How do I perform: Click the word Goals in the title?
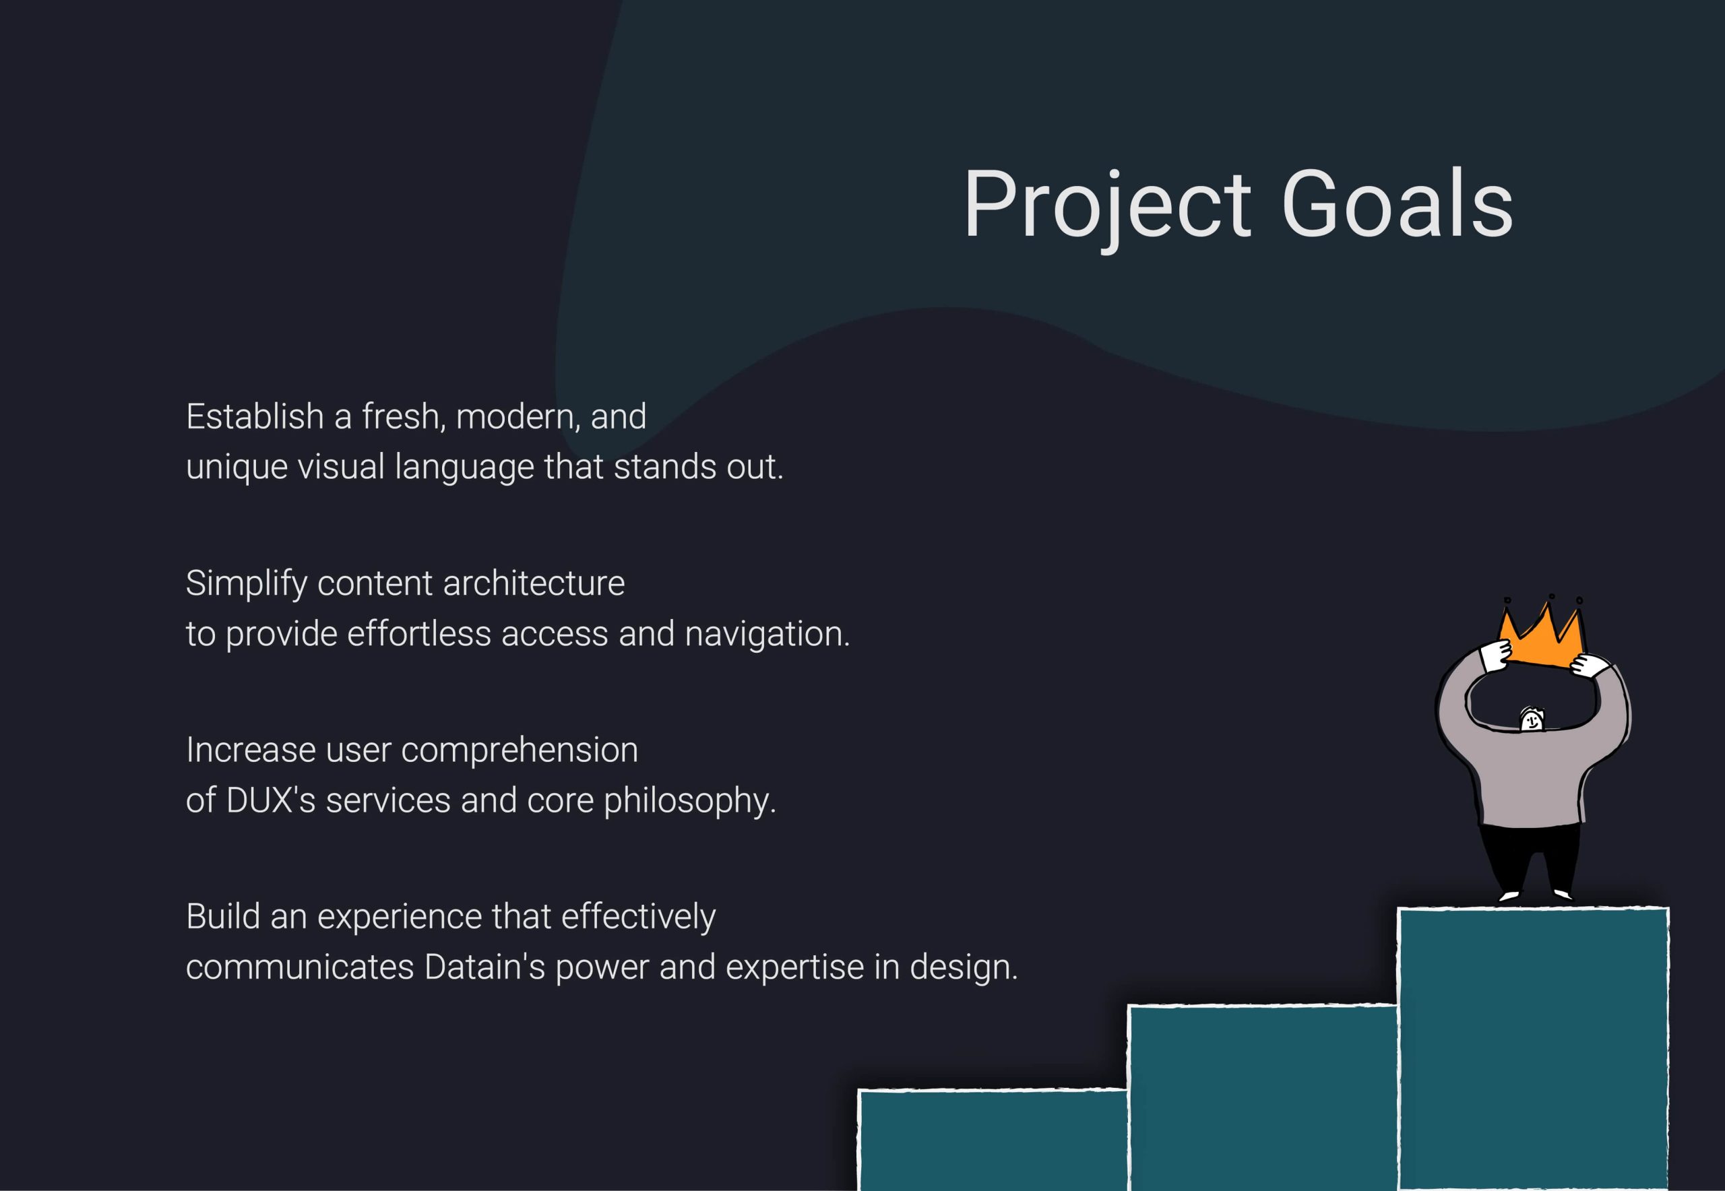pos(1397,203)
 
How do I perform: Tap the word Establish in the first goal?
pos(255,416)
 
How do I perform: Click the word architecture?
pos(534,583)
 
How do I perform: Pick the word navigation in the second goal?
pos(767,635)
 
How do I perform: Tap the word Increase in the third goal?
pos(251,749)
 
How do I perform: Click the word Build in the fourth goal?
pos(222,916)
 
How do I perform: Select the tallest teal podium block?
pos(1532,1048)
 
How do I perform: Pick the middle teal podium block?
pos(1262,1097)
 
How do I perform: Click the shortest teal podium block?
pos(993,1140)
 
